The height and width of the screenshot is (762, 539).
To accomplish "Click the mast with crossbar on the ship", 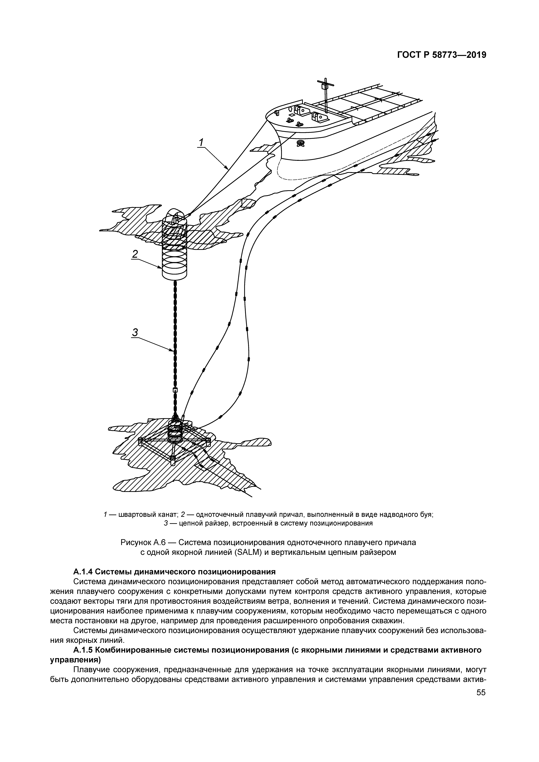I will click(325, 95).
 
